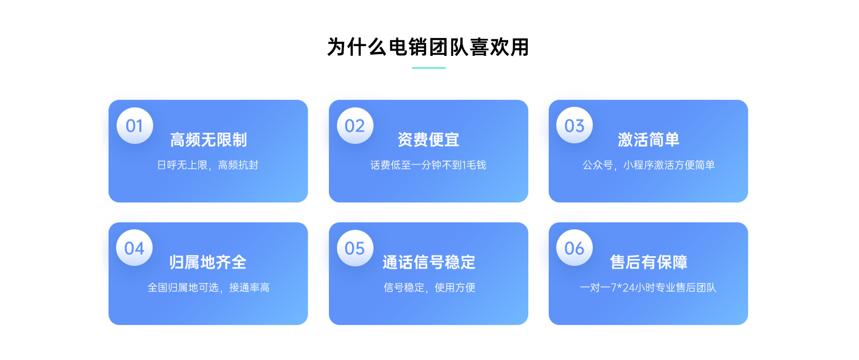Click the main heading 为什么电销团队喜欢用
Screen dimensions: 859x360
[x=428, y=47]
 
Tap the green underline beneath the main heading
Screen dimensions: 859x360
[x=429, y=68]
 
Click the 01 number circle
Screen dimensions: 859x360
[x=135, y=126]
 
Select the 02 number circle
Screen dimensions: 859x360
[x=355, y=126]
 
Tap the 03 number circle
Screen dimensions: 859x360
[x=574, y=125]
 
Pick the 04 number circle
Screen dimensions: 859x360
[x=135, y=248]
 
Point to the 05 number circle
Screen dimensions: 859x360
[x=355, y=248]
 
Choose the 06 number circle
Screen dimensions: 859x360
[x=574, y=248]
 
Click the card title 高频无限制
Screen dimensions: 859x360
[x=208, y=140]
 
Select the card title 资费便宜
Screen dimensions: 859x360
[x=428, y=140]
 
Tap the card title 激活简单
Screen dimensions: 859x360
[x=648, y=140]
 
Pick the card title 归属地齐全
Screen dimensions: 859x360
[x=208, y=262]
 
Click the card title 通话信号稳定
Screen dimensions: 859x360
[x=429, y=262]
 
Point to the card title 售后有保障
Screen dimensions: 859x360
[x=648, y=262]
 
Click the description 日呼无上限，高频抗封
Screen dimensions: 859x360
[x=208, y=165]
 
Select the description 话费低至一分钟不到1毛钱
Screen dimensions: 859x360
[x=428, y=165]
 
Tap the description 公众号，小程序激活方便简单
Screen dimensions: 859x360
[x=648, y=165]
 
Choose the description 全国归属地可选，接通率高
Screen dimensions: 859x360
[x=208, y=288]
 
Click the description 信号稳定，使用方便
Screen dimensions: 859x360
[x=429, y=288]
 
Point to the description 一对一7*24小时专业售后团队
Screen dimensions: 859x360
[x=648, y=288]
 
